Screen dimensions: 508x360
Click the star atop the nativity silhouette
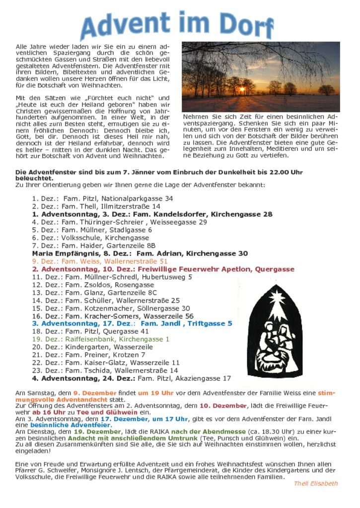pyautogui.click(x=276, y=298)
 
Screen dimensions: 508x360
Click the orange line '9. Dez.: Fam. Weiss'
pyautogui.click(x=100, y=261)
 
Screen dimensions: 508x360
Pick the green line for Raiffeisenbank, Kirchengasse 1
pyautogui.click(x=101, y=339)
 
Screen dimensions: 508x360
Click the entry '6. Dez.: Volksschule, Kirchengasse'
pyautogui.click(x=90, y=238)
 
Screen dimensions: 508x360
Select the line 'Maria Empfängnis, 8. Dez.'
pyautogui.click(x=140, y=254)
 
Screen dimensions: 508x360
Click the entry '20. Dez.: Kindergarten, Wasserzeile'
pyautogui.click(x=92, y=347)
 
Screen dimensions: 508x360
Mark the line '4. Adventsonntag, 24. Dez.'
pyautogui.click(x=132, y=378)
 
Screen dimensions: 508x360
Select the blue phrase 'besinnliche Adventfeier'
pyautogui.click(x=70, y=425)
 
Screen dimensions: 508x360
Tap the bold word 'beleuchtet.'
pyautogui.click(x=34, y=178)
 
